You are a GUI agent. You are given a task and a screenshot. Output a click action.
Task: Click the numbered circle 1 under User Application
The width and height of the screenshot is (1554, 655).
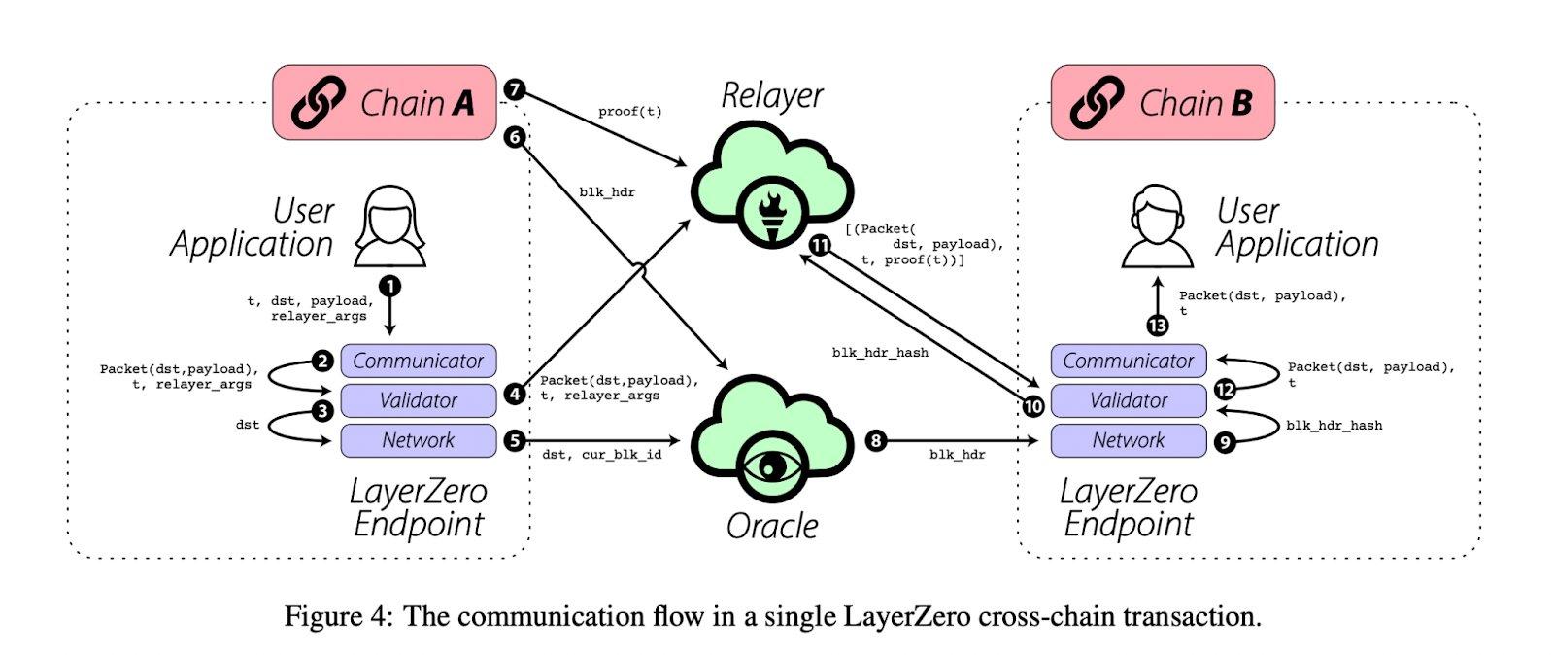[x=390, y=286]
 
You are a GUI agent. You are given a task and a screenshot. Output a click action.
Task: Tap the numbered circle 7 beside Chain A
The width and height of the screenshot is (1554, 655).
[x=515, y=90]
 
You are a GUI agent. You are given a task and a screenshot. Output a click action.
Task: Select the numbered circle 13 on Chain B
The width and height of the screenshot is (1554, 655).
[x=1157, y=326]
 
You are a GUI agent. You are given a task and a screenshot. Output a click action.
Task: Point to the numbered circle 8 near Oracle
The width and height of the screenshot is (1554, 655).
[x=875, y=441]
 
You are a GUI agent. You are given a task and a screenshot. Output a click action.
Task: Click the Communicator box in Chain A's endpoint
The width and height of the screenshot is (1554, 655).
[x=418, y=361]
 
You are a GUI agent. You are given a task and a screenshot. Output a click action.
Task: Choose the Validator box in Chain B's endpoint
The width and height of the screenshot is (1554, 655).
[x=1128, y=400]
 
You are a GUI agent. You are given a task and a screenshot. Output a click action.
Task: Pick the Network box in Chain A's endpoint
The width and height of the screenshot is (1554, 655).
[x=418, y=440]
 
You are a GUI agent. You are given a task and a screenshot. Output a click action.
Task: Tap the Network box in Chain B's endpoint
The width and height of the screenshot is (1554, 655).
[x=1128, y=440]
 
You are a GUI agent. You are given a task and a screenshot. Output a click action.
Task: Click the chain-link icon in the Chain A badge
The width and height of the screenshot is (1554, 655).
[x=318, y=103]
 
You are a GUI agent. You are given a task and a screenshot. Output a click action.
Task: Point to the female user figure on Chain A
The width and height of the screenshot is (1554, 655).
[x=389, y=228]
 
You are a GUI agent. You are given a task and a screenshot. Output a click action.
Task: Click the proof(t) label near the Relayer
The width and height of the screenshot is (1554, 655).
[x=629, y=112]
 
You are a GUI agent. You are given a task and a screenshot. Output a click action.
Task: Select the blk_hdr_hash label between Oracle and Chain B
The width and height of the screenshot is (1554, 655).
[x=880, y=353]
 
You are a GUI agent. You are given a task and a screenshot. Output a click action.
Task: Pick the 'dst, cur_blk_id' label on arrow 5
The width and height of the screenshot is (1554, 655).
[x=601, y=455]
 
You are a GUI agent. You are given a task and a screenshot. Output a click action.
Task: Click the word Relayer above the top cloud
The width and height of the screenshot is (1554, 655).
[x=772, y=95]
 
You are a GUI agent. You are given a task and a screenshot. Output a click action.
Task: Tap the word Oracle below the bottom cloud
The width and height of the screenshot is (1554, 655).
[x=772, y=526]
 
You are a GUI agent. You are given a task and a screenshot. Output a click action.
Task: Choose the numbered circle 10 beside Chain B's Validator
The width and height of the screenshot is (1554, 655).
[x=1033, y=406]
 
